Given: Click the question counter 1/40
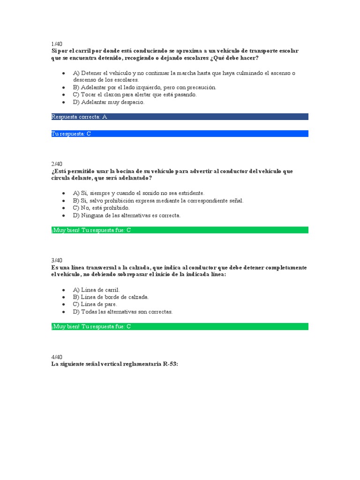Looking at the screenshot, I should pos(56,44).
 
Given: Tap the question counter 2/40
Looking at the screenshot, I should pos(56,164).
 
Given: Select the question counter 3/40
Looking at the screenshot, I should pos(56,260).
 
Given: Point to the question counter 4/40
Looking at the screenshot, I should pos(56,357).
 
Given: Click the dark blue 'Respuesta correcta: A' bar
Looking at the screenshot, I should pos(180,117).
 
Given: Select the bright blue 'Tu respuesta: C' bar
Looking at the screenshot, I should pos(180,134).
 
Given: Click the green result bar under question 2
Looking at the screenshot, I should pos(180,230).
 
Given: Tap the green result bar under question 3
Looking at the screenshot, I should pos(180,327).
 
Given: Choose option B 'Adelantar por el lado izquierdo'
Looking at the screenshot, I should pos(144,87).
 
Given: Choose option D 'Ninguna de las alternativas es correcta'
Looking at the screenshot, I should pos(127,215).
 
